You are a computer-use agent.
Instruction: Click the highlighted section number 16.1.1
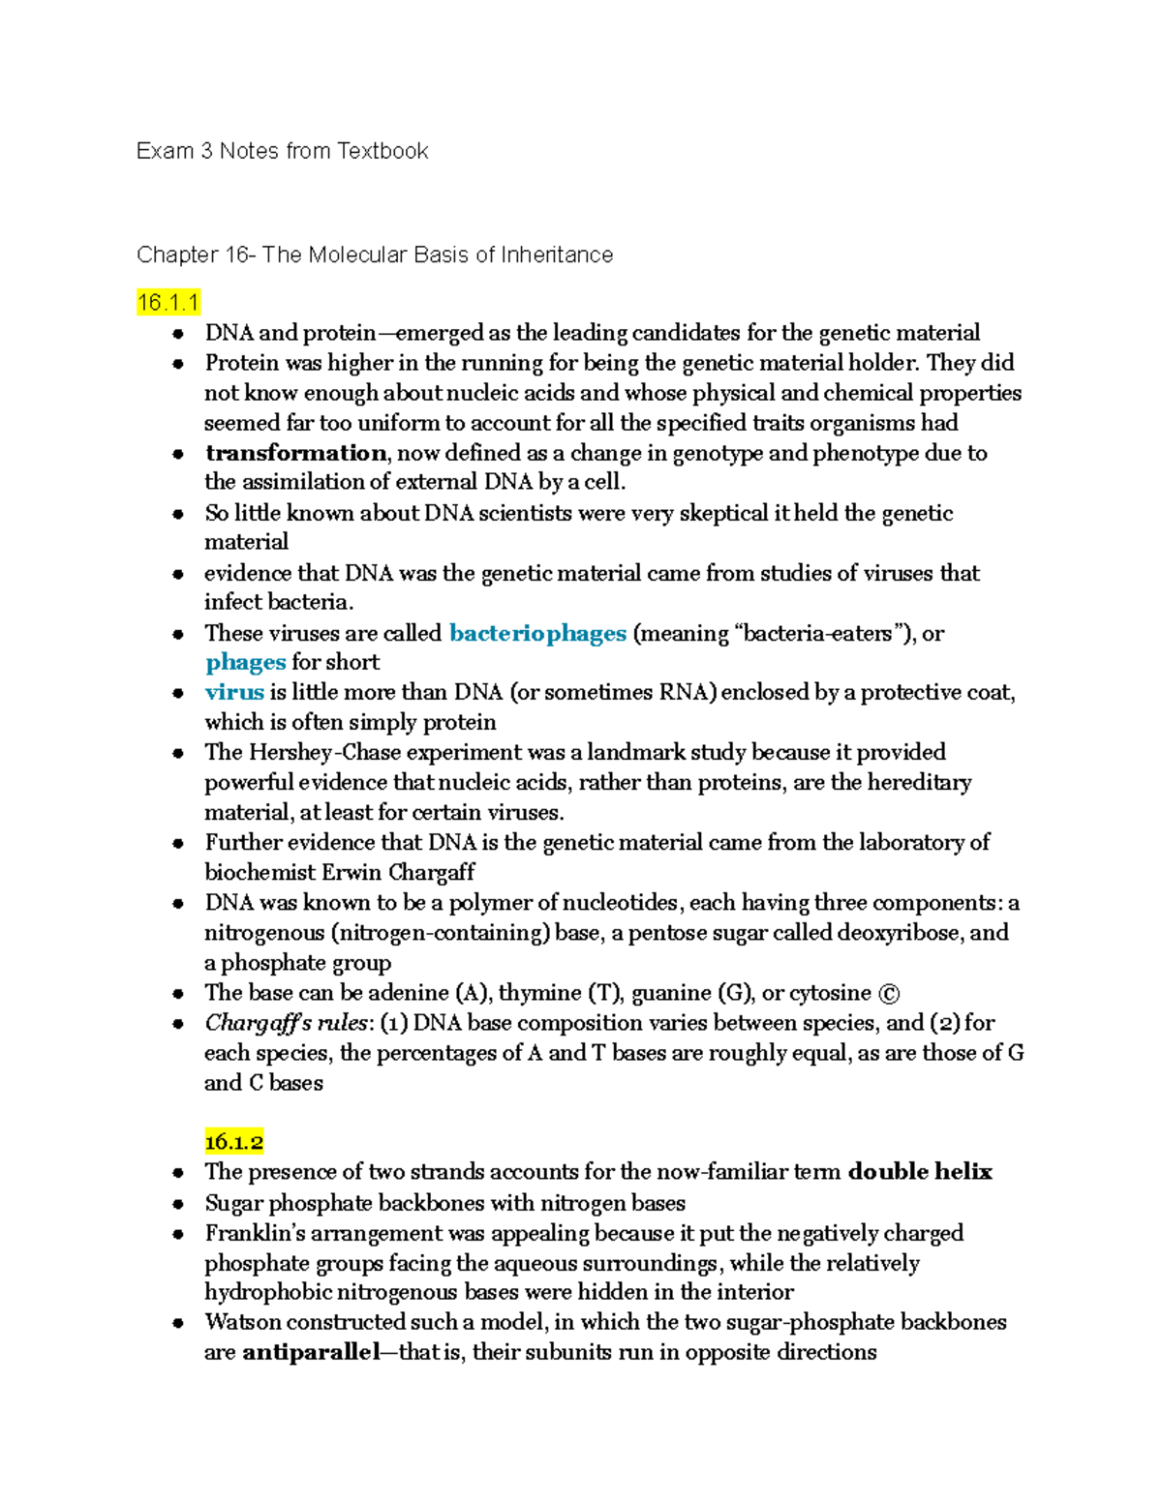point(168,303)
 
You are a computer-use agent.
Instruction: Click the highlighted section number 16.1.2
point(233,1142)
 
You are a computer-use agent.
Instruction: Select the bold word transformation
point(295,453)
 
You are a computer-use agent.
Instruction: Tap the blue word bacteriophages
point(537,633)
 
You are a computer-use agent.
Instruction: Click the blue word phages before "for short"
point(245,662)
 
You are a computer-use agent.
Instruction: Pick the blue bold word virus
point(234,692)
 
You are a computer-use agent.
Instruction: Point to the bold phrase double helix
point(920,1172)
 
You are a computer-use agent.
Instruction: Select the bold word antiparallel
point(310,1352)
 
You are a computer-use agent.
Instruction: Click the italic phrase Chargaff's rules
point(287,1023)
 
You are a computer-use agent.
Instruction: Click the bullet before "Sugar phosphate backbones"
point(178,1204)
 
